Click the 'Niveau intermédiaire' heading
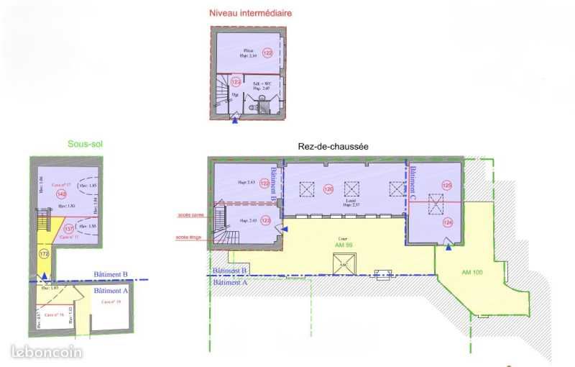[250, 13]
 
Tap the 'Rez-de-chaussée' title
[333, 147]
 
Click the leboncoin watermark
[47, 352]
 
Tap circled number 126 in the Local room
[328, 190]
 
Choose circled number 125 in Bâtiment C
[447, 186]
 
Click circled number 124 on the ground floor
[447, 223]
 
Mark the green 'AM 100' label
[472, 272]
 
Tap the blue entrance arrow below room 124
[448, 248]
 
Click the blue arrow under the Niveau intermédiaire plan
[235, 120]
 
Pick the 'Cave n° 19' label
[111, 302]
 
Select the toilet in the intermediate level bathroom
[252, 106]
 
